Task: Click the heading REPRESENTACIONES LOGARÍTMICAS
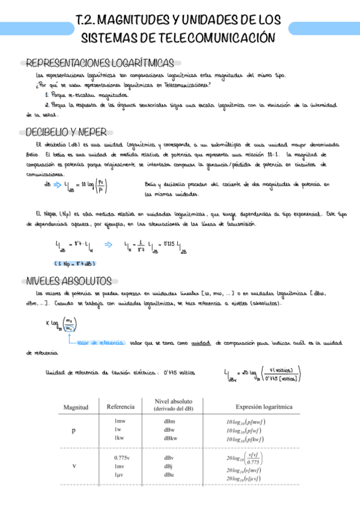coord(100,63)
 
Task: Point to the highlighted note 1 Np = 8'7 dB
coord(75,263)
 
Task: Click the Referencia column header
coord(120,407)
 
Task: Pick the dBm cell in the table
coord(169,422)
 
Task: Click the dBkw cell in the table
coord(171,438)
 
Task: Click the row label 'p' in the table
coord(74,431)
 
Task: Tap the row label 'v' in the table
coord(74,466)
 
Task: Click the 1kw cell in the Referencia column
coord(119,438)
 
